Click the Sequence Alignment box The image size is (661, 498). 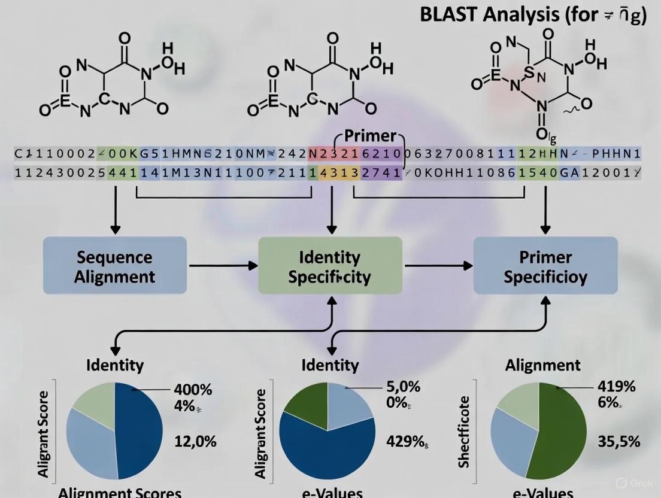[x=116, y=266]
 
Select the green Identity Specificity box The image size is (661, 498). [x=330, y=266]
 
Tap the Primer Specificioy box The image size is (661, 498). [x=545, y=266]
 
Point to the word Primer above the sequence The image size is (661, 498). [x=370, y=135]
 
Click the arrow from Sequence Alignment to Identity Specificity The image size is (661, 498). [x=223, y=265]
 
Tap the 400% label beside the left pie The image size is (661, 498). [x=193, y=390]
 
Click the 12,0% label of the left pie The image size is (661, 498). [x=195, y=442]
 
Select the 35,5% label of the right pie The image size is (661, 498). [x=619, y=442]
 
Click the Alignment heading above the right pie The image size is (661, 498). [x=542, y=365]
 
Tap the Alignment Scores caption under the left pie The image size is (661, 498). [x=120, y=493]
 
